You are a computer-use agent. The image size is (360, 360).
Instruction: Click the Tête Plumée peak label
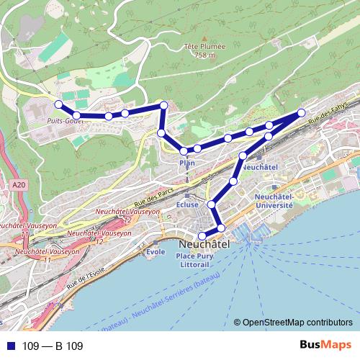(x=204, y=46)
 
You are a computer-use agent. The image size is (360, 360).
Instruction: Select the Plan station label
(x=186, y=163)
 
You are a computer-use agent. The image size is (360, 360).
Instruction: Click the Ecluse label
(x=186, y=204)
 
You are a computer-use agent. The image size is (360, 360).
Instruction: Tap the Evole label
(x=156, y=252)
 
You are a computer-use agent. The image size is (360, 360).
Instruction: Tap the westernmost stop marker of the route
(x=59, y=104)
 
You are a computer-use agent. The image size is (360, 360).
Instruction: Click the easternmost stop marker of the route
(x=302, y=112)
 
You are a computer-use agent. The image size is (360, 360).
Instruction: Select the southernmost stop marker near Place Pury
(x=202, y=235)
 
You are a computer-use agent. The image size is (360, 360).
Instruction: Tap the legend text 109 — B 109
(x=53, y=346)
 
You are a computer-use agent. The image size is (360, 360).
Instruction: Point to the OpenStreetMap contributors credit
(x=297, y=322)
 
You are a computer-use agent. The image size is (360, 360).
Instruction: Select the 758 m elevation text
(x=204, y=55)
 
